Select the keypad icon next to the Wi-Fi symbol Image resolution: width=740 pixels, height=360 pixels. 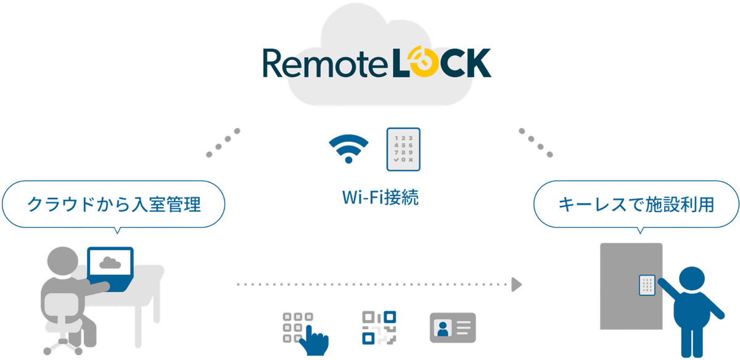point(403,149)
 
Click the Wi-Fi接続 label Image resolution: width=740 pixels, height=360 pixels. point(380,199)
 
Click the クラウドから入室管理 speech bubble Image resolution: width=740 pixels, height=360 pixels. point(113,204)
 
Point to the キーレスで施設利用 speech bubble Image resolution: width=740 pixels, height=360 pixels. point(636,205)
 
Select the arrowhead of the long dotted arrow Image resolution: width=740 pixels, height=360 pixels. point(517,284)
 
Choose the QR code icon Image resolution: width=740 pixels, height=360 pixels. point(378,327)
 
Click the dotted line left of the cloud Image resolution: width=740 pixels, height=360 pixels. point(223,142)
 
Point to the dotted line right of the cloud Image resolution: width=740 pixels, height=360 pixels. point(535,142)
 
